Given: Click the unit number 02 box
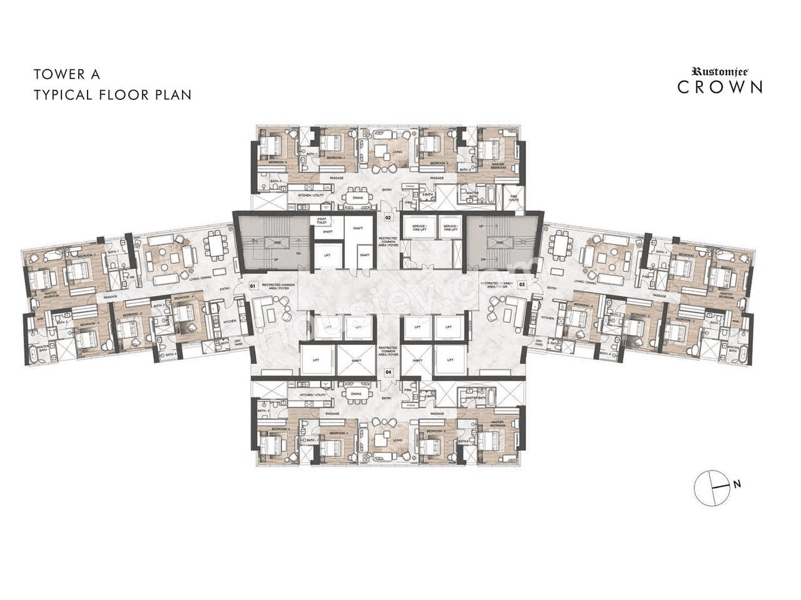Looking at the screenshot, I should tap(388, 218).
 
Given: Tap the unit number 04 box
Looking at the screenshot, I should tap(388, 372).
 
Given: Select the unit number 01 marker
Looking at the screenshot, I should tap(253, 286).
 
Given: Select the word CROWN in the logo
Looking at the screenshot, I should tap(720, 87).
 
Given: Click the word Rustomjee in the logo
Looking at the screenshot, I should tap(720, 72).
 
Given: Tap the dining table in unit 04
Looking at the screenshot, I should tap(356, 394).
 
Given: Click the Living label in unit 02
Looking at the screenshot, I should tap(397, 152).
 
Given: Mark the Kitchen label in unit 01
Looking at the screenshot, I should tap(229, 321).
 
